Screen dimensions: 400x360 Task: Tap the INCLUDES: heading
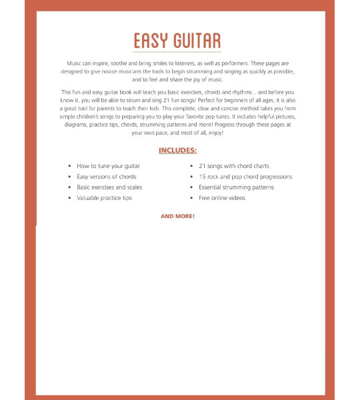coord(177,150)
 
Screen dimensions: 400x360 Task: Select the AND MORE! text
coord(177,217)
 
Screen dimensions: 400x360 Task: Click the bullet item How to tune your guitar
coord(108,165)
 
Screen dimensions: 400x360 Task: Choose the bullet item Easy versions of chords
coord(107,177)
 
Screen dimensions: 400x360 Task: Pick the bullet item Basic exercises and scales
coord(109,187)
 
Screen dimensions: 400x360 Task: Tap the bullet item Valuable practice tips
coord(104,198)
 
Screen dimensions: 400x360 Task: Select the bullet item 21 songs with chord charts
coord(233,165)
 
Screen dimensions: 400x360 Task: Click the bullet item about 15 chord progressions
coord(245,177)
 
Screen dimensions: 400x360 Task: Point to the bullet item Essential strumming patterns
coord(236,187)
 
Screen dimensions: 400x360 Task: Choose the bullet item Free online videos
coord(221,198)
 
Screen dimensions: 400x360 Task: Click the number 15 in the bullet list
coord(202,177)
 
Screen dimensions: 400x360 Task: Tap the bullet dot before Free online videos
coord(191,199)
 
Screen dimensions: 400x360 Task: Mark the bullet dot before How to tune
coord(69,166)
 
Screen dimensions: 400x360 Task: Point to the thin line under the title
coord(177,51)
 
